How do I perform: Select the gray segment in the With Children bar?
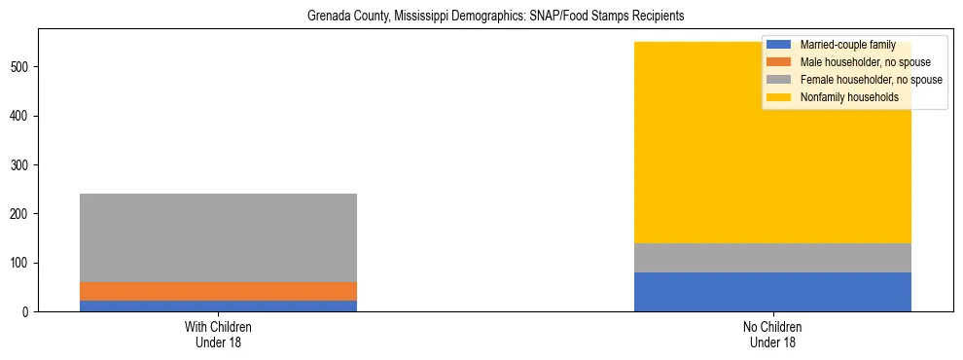tap(218, 237)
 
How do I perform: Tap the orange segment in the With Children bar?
tap(218, 291)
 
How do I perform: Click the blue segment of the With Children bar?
tap(218, 306)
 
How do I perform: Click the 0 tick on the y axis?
tap(28, 311)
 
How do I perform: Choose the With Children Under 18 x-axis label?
tap(218, 334)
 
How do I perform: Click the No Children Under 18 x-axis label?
tap(772, 334)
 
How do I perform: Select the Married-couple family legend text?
tap(847, 45)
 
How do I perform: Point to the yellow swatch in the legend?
tap(779, 97)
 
